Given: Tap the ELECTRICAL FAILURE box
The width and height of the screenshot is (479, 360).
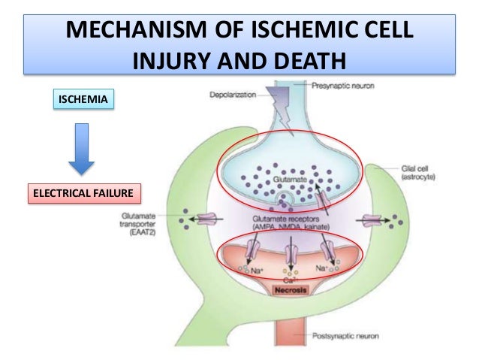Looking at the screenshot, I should [x=83, y=194].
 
